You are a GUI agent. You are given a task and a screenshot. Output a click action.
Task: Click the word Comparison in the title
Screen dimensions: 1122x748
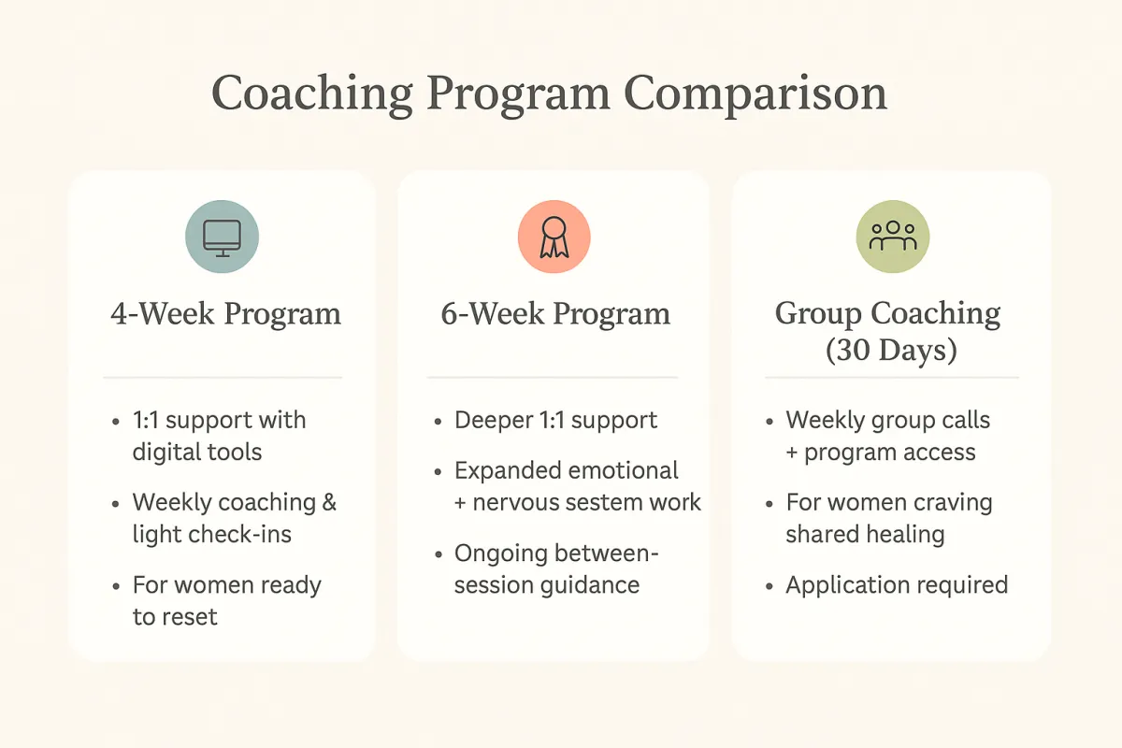tap(755, 94)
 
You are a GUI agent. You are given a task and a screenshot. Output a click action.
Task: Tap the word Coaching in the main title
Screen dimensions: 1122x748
tap(311, 94)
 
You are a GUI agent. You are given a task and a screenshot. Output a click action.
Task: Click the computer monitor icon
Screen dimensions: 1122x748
tap(222, 238)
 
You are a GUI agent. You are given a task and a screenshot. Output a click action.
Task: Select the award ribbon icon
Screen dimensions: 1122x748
tap(554, 237)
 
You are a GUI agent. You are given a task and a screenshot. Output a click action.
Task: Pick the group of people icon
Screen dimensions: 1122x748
tap(893, 236)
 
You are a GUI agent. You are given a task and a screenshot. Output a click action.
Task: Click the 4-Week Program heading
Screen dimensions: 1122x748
tap(226, 314)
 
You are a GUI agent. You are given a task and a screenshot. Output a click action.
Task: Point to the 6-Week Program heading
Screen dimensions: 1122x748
tap(555, 314)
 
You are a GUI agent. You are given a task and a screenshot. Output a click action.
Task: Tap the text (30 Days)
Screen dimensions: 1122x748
tap(891, 350)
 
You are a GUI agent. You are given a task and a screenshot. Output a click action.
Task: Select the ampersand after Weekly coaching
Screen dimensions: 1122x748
tap(329, 502)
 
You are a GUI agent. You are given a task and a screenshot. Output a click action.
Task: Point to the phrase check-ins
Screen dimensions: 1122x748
tap(239, 534)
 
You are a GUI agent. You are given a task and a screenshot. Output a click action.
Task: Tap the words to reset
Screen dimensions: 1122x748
tap(175, 617)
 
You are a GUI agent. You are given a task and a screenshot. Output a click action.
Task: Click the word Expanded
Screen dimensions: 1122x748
tap(508, 471)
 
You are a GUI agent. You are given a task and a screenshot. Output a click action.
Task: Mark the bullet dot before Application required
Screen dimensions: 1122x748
tap(770, 586)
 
